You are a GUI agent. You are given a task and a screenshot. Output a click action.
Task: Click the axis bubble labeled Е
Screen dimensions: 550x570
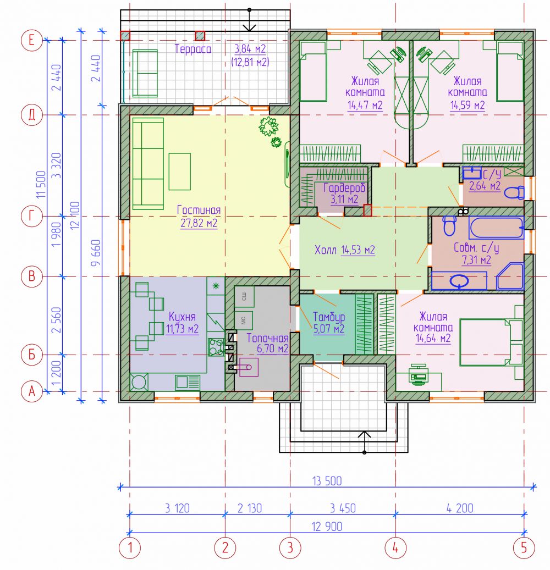click(x=32, y=40)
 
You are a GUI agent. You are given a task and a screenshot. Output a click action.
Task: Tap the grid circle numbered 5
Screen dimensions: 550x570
click(x=524, y=547)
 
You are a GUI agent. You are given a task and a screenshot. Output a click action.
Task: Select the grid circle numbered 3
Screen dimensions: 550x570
click(x=290, y=547)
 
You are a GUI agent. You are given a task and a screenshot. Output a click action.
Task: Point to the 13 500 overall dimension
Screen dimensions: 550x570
click(x=327, y=481)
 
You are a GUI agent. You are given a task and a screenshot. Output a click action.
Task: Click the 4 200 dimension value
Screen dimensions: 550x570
click(x=460, y=508)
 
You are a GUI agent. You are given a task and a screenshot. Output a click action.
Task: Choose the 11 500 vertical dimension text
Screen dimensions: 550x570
click(x=42, y=184)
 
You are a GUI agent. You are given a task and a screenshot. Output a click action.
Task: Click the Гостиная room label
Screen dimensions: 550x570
click(x=199, y=210)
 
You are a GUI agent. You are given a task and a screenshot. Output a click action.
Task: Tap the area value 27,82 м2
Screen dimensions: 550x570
click(x=199, y=223)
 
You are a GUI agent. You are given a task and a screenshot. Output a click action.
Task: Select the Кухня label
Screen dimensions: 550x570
click(x=182, y=317)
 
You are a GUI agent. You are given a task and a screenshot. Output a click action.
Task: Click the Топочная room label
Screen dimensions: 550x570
click(x=267, y=338)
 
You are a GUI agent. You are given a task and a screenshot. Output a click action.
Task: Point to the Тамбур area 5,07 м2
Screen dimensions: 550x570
click(x=328, y=329)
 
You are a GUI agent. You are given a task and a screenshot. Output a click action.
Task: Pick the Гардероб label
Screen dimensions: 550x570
click(x=344, y=187)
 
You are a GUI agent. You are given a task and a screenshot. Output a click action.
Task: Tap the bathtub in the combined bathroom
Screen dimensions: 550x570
click(x=496, y=227)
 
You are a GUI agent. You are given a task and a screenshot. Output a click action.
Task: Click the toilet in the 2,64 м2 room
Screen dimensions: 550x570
click(x=515, y=192)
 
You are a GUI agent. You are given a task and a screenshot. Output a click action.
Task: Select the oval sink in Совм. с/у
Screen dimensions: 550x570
click(x=459, y=281)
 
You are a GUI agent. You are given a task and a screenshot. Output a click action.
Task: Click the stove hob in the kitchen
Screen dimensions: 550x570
click(x=216, y=346)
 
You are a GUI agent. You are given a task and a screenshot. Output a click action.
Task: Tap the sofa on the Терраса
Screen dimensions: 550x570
click(x=145, y=74)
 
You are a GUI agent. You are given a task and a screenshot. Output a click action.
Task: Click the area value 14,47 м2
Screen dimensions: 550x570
click(x=365, y=105)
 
